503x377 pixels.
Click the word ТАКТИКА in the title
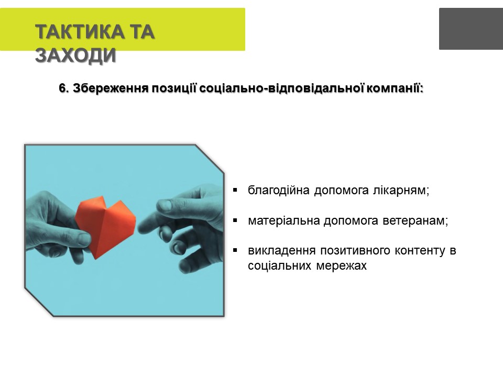80,32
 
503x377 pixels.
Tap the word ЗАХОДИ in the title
75,55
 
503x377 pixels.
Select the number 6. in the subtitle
64,88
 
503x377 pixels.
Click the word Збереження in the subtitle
111,88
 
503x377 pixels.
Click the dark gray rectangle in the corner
471,29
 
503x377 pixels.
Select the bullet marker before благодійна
235,190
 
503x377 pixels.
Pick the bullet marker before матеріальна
235,220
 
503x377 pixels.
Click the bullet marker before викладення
235,250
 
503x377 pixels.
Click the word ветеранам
415,220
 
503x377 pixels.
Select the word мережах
341,266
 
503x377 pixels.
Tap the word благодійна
279,191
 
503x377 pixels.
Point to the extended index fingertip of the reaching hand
141,228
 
